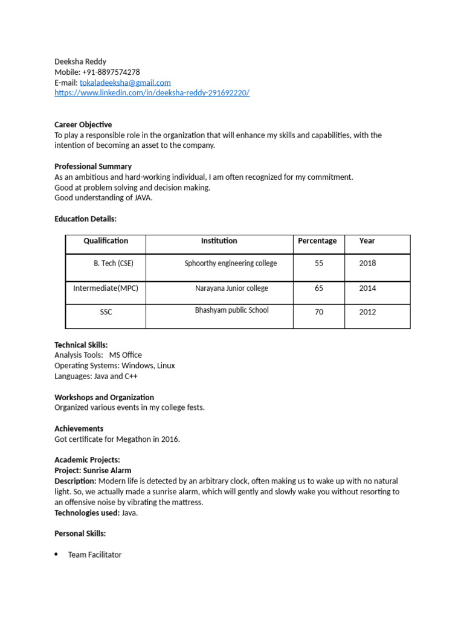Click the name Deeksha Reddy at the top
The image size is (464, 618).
tap(80, 62)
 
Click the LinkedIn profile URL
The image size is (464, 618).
tap(152, 93)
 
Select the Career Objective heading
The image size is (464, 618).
tap(83, 124)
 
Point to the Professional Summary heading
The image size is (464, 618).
tap(93, 166)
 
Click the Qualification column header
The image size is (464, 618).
tap(106, 241)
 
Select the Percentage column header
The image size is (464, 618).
tap(317, 241)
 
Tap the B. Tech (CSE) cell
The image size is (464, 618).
tap(113, 264)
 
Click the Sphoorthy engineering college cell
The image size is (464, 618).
tap(231, 264)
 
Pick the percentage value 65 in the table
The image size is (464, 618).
tap(319, 288)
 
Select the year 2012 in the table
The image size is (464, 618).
tap(367, 312)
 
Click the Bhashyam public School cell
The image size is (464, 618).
tap(231, 310)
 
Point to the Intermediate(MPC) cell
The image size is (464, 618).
tap(106, 288)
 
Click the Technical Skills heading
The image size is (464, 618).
tap(81, 345)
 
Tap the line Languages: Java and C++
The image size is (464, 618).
tap(96, 376)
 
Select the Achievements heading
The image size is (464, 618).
tap(79, 428)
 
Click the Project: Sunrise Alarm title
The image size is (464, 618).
tap(92, 470)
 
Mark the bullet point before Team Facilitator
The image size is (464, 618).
tap(56, 555)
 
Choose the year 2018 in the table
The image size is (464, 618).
tap(367, 264)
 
